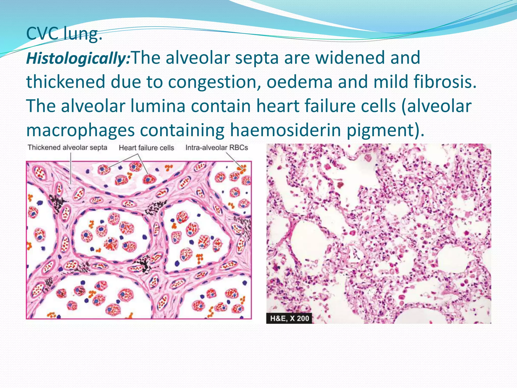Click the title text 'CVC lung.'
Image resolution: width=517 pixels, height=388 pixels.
64,34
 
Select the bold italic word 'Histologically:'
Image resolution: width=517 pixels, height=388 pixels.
79,58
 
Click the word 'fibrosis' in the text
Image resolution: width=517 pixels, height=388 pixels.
445,82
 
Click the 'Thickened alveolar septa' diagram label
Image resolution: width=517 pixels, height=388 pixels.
67,148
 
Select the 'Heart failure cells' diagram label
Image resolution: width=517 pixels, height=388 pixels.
146,148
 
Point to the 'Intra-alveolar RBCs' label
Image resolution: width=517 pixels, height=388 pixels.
217,148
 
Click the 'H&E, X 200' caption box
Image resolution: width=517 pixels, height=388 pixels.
289,318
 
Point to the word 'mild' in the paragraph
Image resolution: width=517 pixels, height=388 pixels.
390,82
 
